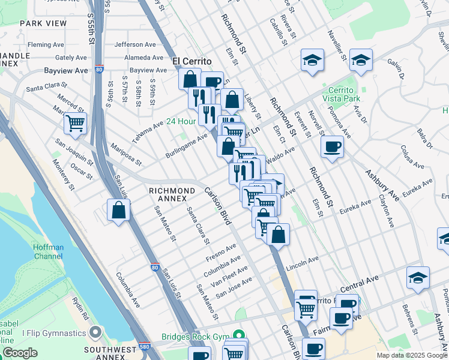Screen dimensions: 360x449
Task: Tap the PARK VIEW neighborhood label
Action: pyautogui.click(x=43, y=23)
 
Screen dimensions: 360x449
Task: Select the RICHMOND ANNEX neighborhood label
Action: pyautogui.click(x=172, y=194)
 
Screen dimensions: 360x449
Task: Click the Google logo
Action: pyautogui.click(x=19, y=353)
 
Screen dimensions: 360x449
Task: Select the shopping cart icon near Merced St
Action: pyautogui.click(x=75, y=124)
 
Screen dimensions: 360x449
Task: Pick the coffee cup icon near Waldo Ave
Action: pyautogui.click(x=332, y=147)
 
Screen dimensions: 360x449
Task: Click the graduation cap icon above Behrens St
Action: pyautogui.click(x=418, y=278)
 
